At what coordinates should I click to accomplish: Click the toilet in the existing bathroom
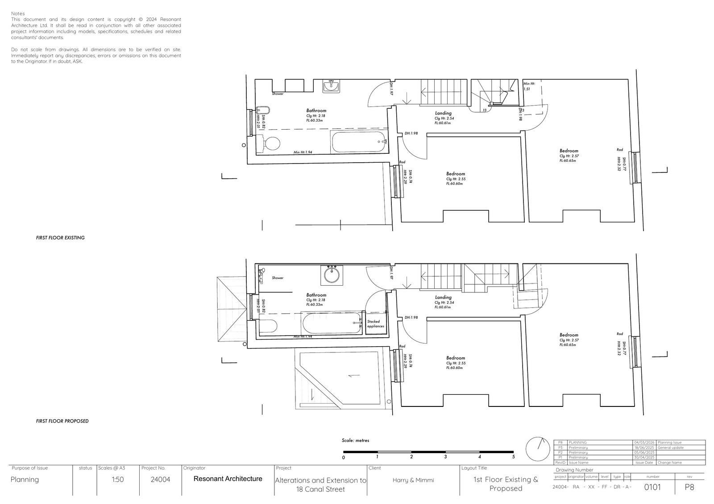[271, 144]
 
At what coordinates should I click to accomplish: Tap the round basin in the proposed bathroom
[332, 275]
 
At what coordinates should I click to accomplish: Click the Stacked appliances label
[375, 324]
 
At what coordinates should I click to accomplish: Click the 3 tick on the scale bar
[445, 457]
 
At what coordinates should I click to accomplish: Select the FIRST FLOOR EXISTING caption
[60, 238]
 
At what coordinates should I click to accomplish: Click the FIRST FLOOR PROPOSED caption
[62, 421]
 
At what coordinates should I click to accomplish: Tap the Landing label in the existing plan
[443, 113]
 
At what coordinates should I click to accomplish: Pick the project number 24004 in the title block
[160, 480]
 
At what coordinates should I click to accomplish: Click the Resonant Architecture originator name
[228, 479]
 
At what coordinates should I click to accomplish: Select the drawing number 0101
[652, 487]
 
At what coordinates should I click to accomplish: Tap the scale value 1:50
[118, 480]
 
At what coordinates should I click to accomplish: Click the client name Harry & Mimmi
[413, 480]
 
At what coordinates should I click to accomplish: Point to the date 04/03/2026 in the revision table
[643, 443]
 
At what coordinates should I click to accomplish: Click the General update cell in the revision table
[670, 447]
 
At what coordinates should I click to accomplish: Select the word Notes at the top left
[18, 14]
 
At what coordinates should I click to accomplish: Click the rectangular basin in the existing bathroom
[331, 86]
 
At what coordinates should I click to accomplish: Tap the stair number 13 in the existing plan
[484, 110]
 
